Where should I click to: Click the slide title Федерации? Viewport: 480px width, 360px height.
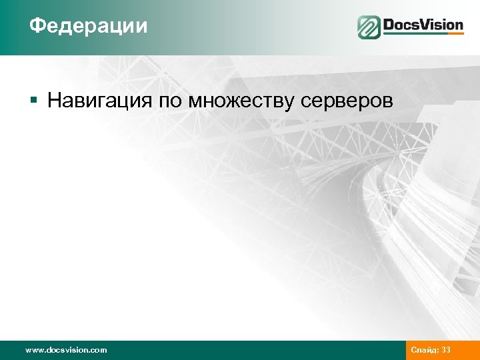pyautogui.click(x=88, y=27)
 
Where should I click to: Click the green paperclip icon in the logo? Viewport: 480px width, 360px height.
pyautogui.click(x=369, y=27)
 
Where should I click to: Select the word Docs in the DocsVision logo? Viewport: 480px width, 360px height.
pyautogui.click(x=402, y=26)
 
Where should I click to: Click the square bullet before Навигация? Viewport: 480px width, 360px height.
pyautogui.click(x=33, y=101)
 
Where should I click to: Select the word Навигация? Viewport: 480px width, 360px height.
pyautogui.click(x=100, y=101)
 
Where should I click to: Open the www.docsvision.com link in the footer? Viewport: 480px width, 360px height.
pyautogui.click(x=65, y=350)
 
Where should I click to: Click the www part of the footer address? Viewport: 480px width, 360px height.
pyautogui.click(x=34, y=350)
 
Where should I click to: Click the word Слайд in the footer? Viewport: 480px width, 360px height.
pyautogui.click(x=425, y=350)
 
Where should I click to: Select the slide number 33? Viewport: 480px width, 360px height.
pyautogui.click(x=447, y=350)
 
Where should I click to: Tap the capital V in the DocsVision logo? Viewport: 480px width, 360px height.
pyautogui.click(x=428, y=26)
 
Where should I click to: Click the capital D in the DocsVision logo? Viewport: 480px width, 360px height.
pyautogui.click(x=389, y=26)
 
